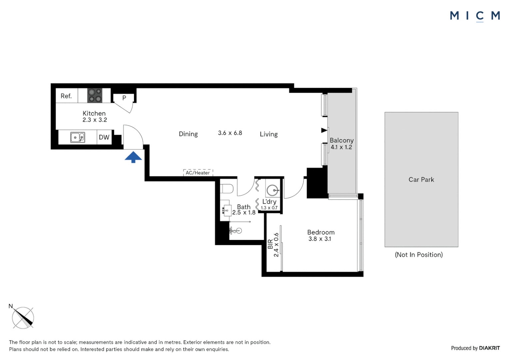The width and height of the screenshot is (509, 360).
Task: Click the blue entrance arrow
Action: pos(133,157)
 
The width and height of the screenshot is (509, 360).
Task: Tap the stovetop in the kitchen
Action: pos(95,96)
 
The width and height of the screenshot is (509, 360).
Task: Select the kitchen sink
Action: pos(78,137)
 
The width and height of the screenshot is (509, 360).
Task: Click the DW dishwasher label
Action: pos(104,137)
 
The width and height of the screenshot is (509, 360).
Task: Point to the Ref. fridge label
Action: pos(66,96)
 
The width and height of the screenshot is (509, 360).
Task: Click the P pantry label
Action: pos(124,98)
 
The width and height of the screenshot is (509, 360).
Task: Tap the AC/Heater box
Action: pos(198,173)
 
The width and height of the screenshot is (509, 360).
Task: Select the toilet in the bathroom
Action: pos(227,189)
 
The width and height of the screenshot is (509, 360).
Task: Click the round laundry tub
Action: pos(272,190)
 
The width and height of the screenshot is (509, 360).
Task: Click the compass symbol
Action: pos(23,318)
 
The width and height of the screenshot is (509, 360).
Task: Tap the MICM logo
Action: pos(475,16)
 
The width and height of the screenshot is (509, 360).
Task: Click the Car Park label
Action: pos(421,180)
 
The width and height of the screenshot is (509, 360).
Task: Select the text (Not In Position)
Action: pos(419,255)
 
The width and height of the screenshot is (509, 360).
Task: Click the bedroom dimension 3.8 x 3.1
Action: pos(319,239)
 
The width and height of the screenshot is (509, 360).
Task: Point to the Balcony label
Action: pos(341,140)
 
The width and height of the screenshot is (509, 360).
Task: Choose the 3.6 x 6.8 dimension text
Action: pos(230,133)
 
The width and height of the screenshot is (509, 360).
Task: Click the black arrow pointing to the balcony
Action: pos(324,130)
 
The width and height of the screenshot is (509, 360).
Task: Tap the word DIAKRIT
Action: pos(489,348)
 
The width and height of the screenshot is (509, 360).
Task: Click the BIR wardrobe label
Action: pos(270,244)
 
